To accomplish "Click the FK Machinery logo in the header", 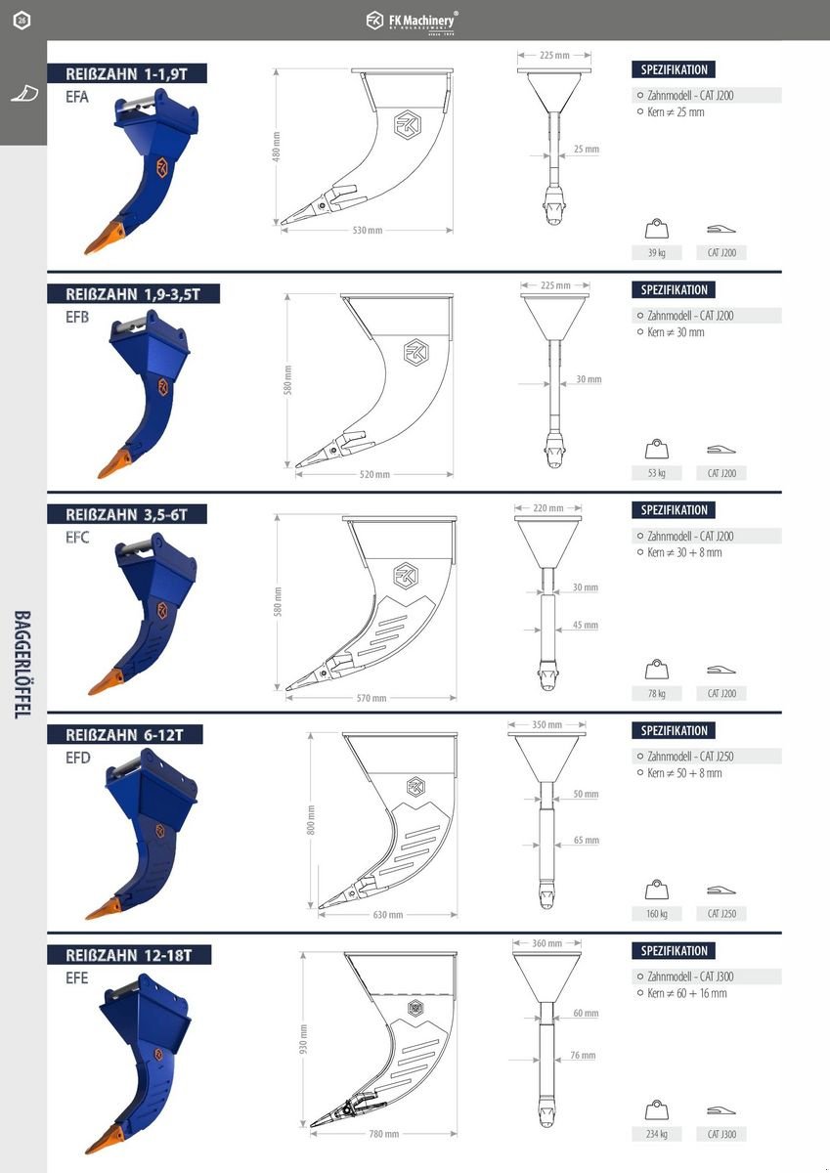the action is (411, 22).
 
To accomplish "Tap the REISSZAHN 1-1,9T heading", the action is (126, 74).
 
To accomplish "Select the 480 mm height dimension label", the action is (277, 147).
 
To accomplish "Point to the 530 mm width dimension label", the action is (367, 231).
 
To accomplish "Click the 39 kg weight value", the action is (657, 253).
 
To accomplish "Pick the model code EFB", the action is (77, 318).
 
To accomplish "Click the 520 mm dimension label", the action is (374, 474).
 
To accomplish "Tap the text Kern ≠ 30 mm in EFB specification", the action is (676, 332).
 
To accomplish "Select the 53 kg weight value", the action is (657, 473).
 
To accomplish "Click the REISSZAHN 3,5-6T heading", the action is (126, 515).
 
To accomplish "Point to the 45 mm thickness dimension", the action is (585, 625).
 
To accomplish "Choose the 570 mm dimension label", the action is (371, 698).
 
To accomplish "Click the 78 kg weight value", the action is (657, 694).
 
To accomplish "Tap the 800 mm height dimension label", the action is (311, 819).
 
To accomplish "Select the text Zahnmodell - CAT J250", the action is (690, 757).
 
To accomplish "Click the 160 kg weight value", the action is (657, 914).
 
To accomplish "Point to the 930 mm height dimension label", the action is (304, 1039).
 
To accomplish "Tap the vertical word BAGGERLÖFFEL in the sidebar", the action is (22, 665).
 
